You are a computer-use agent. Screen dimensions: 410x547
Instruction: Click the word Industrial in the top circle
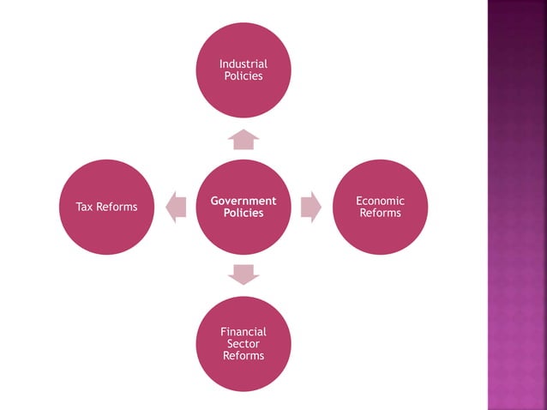pos(243,64)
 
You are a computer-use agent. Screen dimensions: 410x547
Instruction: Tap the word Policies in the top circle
pos(243,76)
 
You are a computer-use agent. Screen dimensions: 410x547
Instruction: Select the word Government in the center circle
pos(243,201)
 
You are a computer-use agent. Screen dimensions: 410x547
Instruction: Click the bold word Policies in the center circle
pos(243,213)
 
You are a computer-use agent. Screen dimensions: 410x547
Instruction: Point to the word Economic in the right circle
pos(380,201)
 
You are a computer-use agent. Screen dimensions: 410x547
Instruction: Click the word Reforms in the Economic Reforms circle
pos(380,213)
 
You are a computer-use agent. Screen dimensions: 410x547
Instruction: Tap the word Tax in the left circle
pos(86,207)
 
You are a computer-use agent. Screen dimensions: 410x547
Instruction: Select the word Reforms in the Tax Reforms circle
pos(117,207)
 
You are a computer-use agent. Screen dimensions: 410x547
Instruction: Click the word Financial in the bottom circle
pos(243,332)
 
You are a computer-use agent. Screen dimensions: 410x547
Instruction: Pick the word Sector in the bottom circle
pos(243,344)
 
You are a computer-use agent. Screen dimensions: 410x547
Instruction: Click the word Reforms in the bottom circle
pos(243,356)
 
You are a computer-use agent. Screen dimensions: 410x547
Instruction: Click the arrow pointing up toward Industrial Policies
pos(243,139)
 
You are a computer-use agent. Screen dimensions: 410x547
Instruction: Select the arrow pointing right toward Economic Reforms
pos(311,207)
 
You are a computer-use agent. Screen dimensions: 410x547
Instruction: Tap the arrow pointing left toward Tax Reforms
pos(176,207)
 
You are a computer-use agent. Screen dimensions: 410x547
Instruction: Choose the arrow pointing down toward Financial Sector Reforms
pos(243,274)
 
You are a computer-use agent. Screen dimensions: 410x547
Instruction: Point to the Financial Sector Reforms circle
pos(243,373)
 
